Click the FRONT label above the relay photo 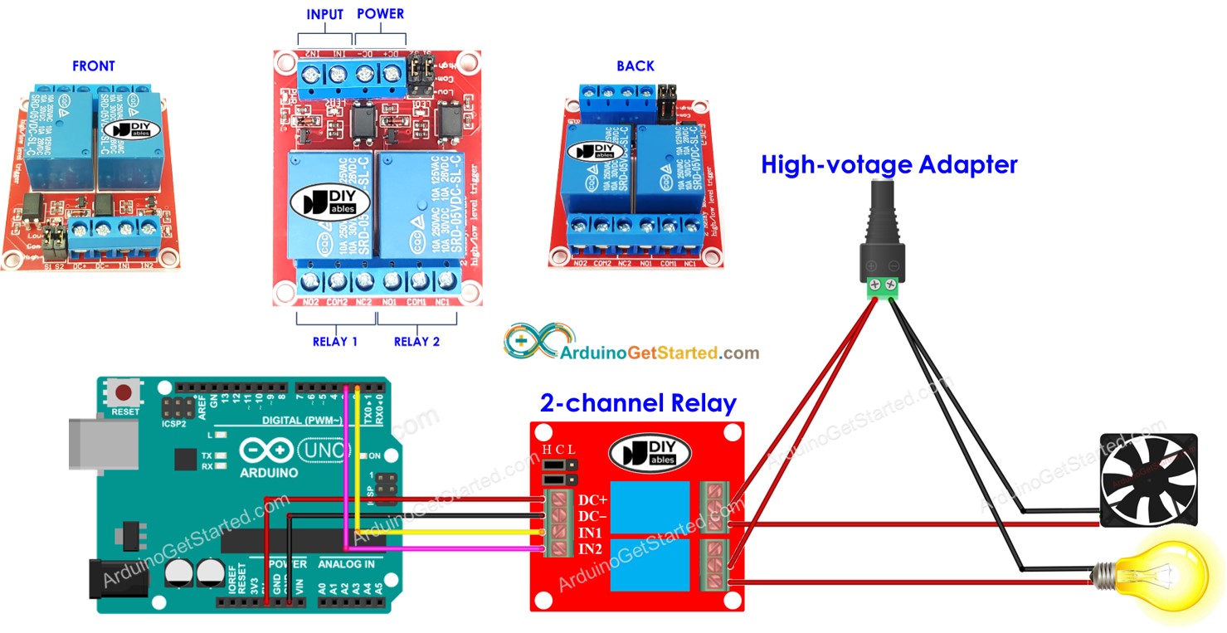coord(93,66)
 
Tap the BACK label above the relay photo coord(635,66)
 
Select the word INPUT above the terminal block coord(325,15)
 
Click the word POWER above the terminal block coord(380,15)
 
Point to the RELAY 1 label coord(335,341)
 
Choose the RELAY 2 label coord(416,341)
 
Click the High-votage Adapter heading coord(889,164)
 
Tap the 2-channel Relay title coord(638,403)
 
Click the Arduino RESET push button coord(125,393)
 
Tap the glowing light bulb coord(1161,575)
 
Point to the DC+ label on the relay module coord(593,500)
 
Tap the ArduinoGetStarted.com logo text coord(660,353)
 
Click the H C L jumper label coord(558,450)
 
